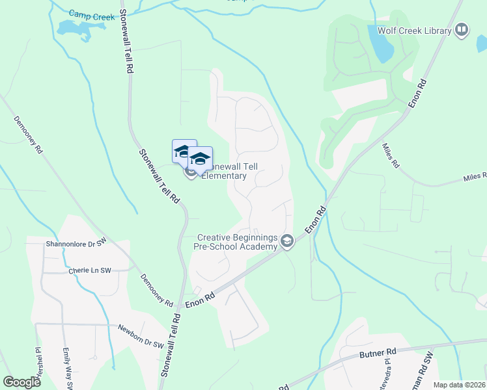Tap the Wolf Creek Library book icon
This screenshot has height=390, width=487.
coord(462,30)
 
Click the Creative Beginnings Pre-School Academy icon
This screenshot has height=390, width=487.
coord(286,242)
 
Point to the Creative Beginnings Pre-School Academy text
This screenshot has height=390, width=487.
coord(237,242)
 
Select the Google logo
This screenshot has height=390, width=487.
coord(21,382)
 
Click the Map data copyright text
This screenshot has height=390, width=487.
coord(459,385)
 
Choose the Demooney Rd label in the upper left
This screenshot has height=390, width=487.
coord(28,135)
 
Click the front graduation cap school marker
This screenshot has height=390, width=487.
coord(201,159)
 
